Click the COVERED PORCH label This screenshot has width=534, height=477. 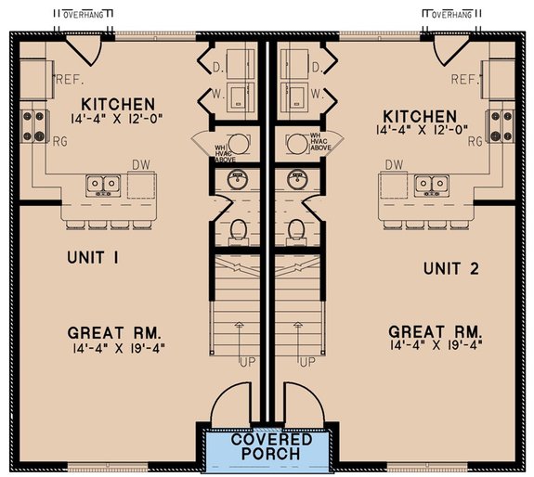pyautogui.click(x=266, y=446)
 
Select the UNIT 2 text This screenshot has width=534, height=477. pyautogui.click(x=450, y=268)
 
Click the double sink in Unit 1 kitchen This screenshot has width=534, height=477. pyautogui.click(x=103, y=185)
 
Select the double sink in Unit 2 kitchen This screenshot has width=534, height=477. pyautogui.click(x=428, y=185)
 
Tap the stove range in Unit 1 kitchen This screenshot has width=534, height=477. pyautogui.click(x=34, y=122)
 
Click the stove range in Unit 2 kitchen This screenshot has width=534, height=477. pyautogui.click(x=501, y=122)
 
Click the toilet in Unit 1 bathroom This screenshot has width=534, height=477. pyautogui.click(x=238, y=228)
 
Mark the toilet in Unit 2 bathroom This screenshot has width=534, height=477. pyautogui.click(x=296, y=228)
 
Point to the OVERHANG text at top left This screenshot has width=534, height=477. pyautogui.click(x=83, y=15)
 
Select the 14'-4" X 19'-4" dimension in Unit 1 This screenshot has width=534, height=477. pyautogui.click(x=117, y=346)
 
